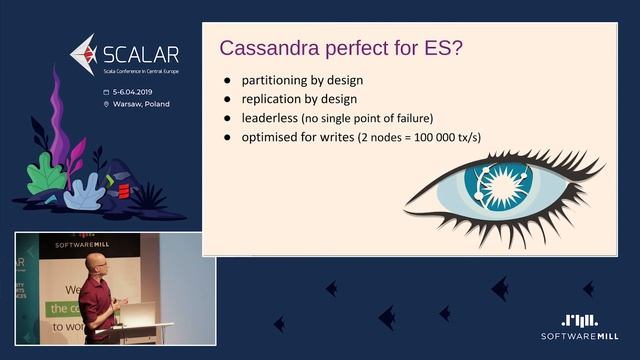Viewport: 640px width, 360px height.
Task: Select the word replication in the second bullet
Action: pyautogui.click(x=275, y=99)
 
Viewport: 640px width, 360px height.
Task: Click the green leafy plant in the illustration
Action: pyautogui.click(x=45, y=178)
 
